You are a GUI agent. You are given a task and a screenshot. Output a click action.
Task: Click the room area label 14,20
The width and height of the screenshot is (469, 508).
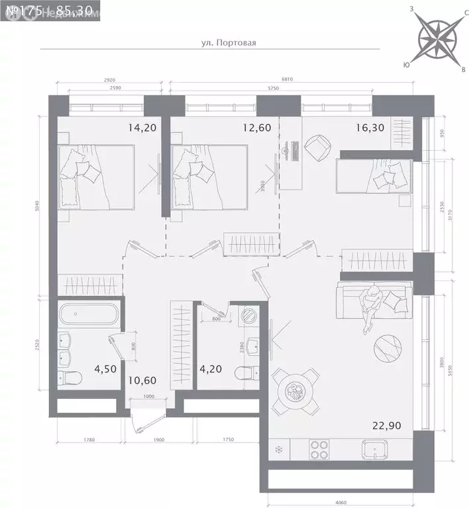tap(142, 128)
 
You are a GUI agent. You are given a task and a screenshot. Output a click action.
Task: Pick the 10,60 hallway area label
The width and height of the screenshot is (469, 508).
tap(143, 380)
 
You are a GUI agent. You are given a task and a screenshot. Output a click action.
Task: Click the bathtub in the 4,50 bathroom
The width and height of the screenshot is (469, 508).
tap(88, 316)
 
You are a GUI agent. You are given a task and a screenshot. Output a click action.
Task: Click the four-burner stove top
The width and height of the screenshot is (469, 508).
tap(321, 450)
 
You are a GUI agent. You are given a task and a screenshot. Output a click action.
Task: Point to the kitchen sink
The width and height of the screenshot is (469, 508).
tap(378, 450)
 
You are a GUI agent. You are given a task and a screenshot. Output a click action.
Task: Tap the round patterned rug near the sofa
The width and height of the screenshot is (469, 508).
tap(388, 349)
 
